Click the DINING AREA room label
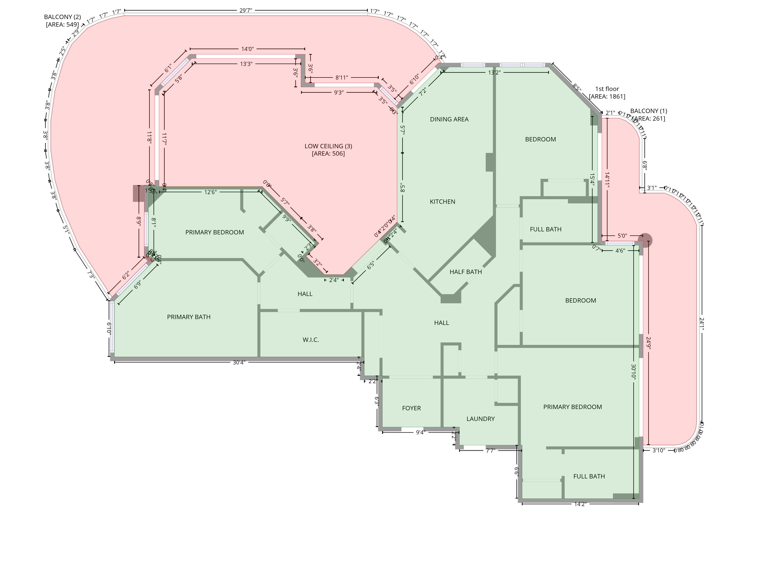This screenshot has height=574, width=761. pyautogui.click(x=449, y=119)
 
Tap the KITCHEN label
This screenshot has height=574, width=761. pyautogui.click(x=442, y=202)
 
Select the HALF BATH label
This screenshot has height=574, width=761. pyautogui.click(x=465, y=272)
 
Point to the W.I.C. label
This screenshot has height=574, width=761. pyautogui.click(x=311, y=340)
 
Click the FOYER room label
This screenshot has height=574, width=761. pyautogui.click(x=411, y=408)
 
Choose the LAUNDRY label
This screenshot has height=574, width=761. pyautogui.click(x=480, y=419)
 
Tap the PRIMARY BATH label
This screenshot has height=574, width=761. pyautogui.click(x=188, y=317)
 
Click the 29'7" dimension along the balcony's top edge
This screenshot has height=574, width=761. pyautogui.click(x=246, y=10)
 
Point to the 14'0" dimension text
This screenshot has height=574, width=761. pyautogui.click(x=247, y=49)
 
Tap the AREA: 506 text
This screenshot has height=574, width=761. pyautogui.click(x=328, y=154)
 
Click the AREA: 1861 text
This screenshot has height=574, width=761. pyautogui.click(x=607, y=97)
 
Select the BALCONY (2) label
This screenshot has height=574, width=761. pyautogui.click(x=62, y=17)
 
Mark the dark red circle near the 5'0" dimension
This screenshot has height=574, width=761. pyautogui.click(x=645, y=240)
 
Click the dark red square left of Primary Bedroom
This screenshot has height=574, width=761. pyautogui.click(x=139, y=194)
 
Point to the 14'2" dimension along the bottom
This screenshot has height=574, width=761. pyautogui.click(x=580, y=504)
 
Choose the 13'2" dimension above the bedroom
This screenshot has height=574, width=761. pyautogui.click(x=494, y=72)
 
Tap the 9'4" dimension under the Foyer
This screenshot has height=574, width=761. pyautogui.click(x=420, y=432)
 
